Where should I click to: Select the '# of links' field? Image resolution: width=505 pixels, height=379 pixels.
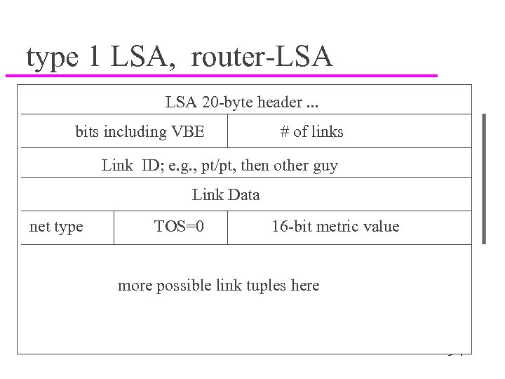point(311,131)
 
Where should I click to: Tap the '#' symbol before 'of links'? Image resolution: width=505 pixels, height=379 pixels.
point(285,131)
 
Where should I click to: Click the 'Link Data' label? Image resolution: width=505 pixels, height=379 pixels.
point(226,195)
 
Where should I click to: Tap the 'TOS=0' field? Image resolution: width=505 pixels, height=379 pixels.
point(180,226)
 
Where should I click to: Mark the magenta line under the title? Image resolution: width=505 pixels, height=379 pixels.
point(224,74)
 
